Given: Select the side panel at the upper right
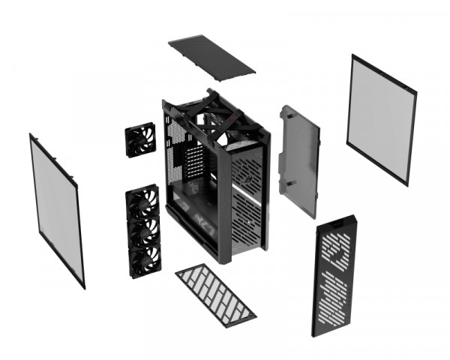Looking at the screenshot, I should click(x=380, y=118).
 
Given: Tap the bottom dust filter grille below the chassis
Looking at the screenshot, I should click(x=216, y=293).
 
